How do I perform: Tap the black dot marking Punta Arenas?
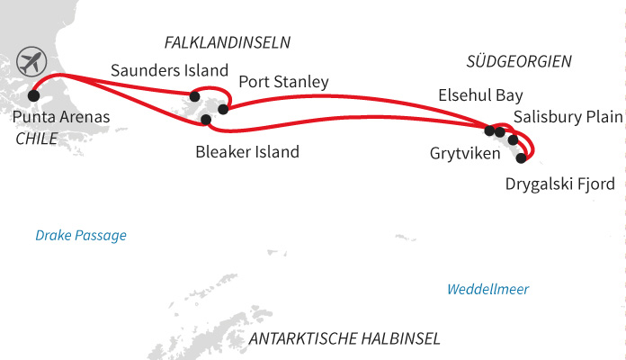click(34, 94)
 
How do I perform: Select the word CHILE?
click(37, 139)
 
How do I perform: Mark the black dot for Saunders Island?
click(194, 95)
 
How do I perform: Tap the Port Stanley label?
click(283, 82)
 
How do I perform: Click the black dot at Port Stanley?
click(223, 110)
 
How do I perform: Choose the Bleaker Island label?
click(247, 152)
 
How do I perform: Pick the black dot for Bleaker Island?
click(206, 120)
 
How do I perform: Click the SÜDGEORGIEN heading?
click(520, 61)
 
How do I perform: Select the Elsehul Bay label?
click(479, 94)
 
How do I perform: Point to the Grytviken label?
click(463, 152)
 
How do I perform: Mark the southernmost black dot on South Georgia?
click(522, 157)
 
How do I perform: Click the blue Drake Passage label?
click(81, 236)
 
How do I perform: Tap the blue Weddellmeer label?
click(488, 289)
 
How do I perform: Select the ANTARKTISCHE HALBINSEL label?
click(344, 339)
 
